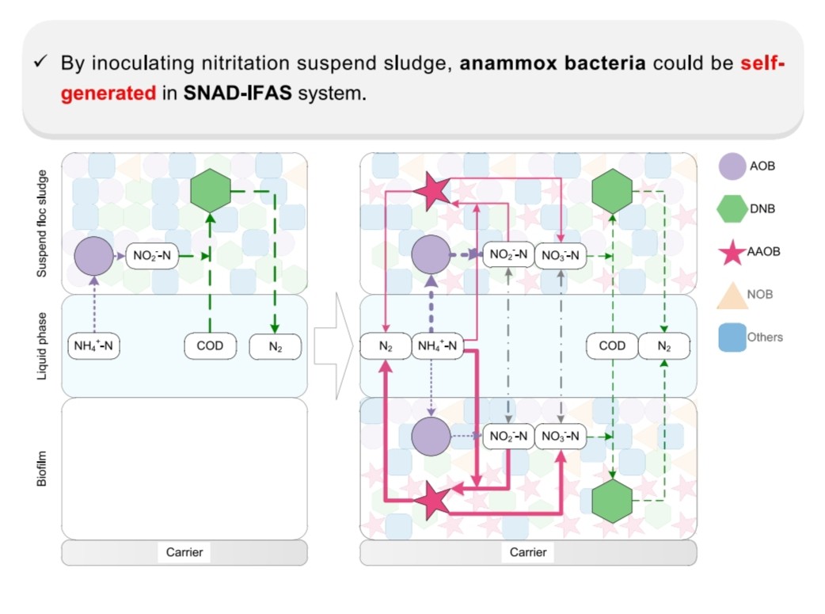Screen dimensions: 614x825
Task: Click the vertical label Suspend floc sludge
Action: pyautogui.click(x=43, y=223)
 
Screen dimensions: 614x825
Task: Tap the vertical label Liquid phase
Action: pyautogui.click(x=43, y=345)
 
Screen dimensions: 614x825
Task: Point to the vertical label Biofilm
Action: pyautogui.click(x=43, y=467)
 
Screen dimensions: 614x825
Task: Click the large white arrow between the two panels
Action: pyautogui.click(x=333, y=345)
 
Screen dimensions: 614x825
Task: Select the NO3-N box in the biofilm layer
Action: pyautogui.click(x=561, y=437)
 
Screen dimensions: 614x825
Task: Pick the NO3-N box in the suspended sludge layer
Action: pyautogui.click(x=561, y=255)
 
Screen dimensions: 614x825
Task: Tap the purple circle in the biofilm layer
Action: pyautogui.click(x=431, y=437)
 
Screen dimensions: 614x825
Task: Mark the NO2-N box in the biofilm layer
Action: pyautogui.click(x=508, y=437)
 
